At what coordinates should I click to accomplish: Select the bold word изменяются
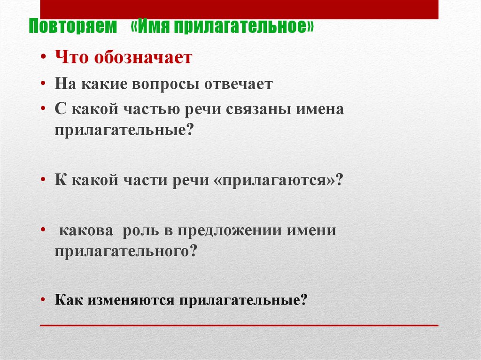pos(129,299)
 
